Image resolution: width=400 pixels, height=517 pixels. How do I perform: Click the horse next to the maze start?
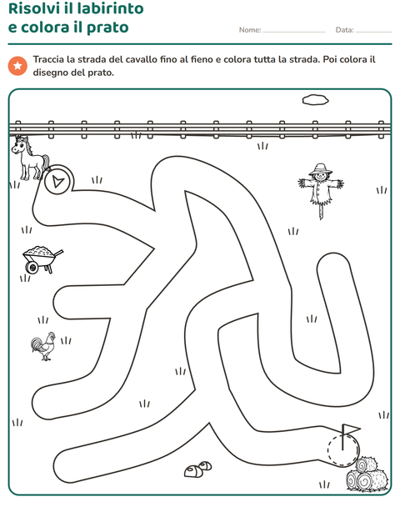click(30, 158)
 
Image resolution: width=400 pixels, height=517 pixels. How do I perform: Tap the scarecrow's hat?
click(320, 169)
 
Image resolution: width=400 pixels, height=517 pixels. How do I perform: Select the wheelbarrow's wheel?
click(32, 267)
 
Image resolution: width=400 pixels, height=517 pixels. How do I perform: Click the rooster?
click(43, 346)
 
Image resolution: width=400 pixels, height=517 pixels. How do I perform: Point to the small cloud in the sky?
click(315, 99)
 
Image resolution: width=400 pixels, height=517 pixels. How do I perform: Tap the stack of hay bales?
click(367, 474)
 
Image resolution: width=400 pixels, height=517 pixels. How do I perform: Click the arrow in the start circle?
click(58, 181)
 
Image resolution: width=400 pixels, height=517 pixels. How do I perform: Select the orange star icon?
click(17, 66)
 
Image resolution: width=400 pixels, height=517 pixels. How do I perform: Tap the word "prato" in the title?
click(107, 28)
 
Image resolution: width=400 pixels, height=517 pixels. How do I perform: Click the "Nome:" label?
click(250, 30)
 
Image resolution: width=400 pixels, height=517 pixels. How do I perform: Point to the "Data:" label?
click(345, 30)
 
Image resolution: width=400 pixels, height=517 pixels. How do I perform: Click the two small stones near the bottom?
click(197, 469)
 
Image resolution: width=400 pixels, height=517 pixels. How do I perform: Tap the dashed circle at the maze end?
click(343, 450)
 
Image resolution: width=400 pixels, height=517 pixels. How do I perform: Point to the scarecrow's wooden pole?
click(322, 211)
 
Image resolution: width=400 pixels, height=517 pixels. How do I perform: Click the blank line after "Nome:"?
click(294, 33)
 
